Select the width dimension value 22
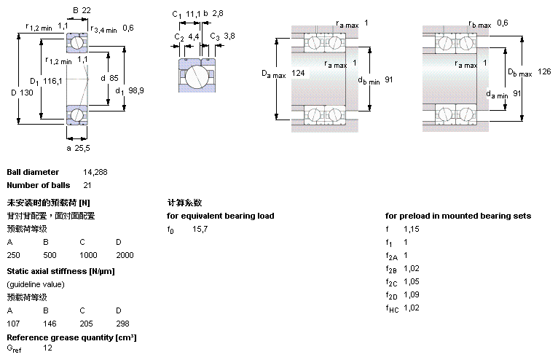[86, 10]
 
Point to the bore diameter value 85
[114, 77]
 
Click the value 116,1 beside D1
[52, 81]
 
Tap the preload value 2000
[125, 255]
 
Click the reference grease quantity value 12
[47, 348]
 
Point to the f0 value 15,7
[200, 230]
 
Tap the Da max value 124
[298, 73]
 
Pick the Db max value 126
[544, 71]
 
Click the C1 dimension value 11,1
[192, 14]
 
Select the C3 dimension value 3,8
[229, 36]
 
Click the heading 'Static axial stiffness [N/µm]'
[60, 271]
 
